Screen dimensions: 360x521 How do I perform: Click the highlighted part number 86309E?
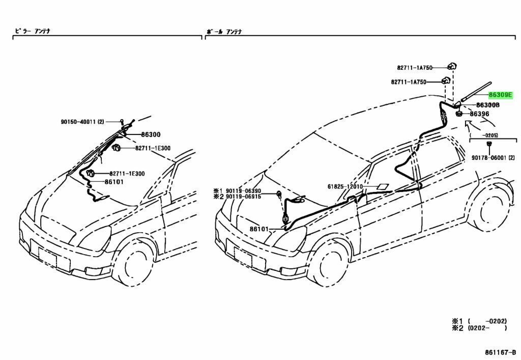[x=501, y=95]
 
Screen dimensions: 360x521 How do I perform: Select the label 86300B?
[x=487, y=105]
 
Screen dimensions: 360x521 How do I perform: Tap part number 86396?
[x=479, y=114]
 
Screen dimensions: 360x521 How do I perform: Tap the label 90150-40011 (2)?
[x=82, y=122]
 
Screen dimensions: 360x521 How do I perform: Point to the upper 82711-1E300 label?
[x=153, y=148]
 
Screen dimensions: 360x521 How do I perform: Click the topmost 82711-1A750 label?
[x=415, y=67]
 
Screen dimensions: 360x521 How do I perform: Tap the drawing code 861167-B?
[x=499, y=351]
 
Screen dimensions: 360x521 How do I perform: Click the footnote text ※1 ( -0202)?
[x=479, y=321]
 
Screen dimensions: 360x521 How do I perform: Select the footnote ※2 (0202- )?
[x=479, y=328]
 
